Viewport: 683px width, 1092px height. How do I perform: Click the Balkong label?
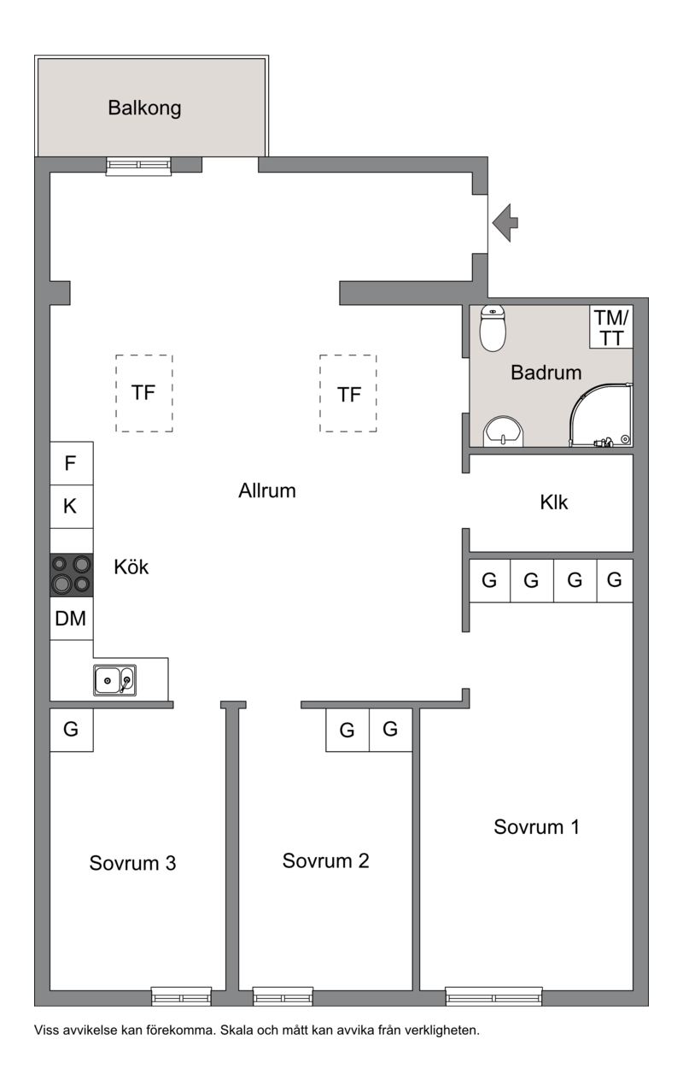[144, 109]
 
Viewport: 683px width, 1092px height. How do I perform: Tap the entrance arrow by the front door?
[505, 223]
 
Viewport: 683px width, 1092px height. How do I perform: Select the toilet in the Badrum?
[493, 327]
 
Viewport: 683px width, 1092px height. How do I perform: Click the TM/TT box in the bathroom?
[611, 326]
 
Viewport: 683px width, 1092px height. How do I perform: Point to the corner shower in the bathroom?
[601, 415]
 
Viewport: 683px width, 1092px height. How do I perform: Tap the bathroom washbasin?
[503, 432]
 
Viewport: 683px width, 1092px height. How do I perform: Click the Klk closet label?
[553, 502]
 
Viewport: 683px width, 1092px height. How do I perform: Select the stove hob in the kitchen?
[71, 575]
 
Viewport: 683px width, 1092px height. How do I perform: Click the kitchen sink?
[115, 680]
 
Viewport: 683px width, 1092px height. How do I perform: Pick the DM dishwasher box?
[71, 618]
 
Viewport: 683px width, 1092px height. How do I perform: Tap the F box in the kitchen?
[71, 463]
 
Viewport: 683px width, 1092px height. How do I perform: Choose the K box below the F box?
[71, 507]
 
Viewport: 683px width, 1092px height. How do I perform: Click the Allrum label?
[267, 490]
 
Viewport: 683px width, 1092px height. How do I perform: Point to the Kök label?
[131, 567]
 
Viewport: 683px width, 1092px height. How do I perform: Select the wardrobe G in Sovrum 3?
[71, 730]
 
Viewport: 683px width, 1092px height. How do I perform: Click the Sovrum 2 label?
[325, 861]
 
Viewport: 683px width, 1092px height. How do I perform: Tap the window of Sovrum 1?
[493, 996]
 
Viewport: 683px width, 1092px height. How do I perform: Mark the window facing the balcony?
[138, 166]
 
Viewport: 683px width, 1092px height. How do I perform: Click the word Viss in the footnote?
[47, 1030]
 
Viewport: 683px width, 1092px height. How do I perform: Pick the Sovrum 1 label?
[536, 827]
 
